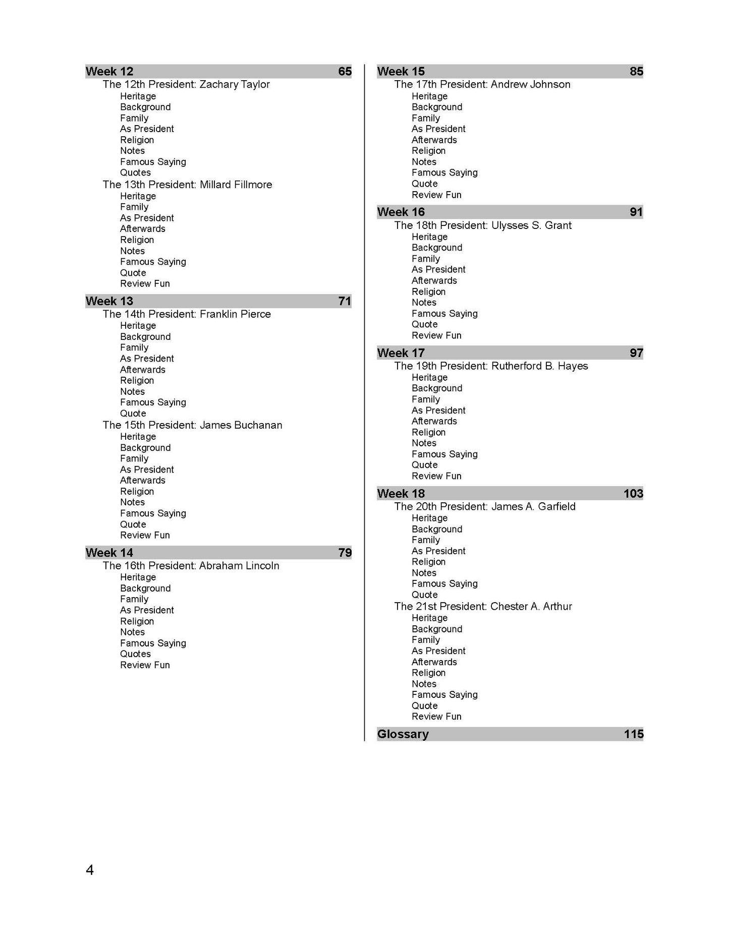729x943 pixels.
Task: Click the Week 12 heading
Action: [109, 72]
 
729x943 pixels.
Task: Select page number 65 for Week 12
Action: [345, 72]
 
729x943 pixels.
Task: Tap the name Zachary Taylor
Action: [235, 85]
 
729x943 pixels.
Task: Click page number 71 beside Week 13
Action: [345, 302]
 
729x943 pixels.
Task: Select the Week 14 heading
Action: [109, 553]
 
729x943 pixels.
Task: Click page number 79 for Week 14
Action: [345, 553]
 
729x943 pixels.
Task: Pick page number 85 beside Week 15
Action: [636, 72]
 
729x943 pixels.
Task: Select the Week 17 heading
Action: [401, 353]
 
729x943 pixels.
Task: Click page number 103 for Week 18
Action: [633, 494]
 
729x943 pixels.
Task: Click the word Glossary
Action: [403, 734]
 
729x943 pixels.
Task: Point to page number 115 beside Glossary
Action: [633, 734]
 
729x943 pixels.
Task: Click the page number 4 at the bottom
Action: [90, 870]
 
